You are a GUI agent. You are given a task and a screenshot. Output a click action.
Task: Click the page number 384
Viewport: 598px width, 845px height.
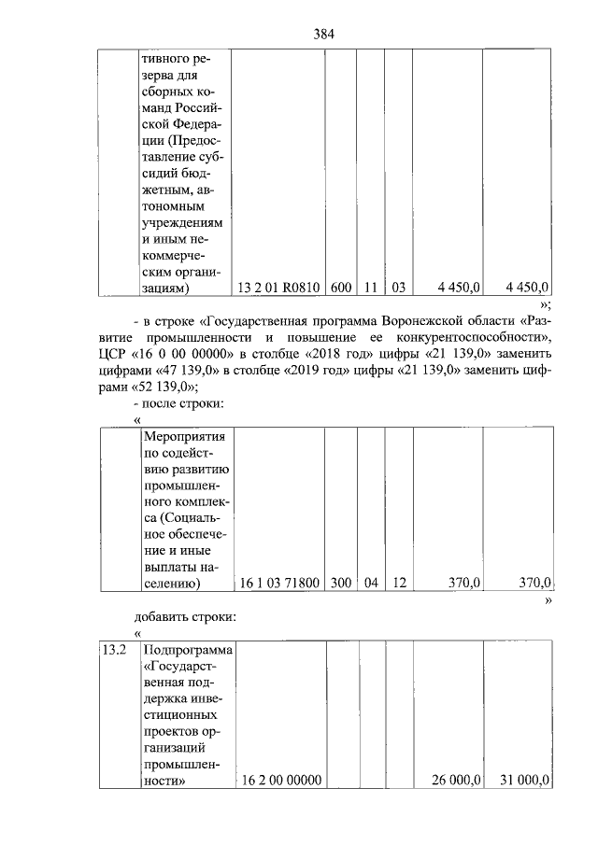pos(323,35)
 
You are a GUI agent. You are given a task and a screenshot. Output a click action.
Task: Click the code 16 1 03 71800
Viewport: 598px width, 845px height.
pos(279,584)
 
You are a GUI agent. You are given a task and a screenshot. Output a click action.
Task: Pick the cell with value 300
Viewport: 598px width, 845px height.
pos(340,584)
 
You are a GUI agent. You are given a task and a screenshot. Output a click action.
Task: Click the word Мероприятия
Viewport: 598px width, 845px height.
pos(188,436)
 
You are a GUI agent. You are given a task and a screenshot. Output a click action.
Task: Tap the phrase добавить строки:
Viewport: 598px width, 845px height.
pos(186,616)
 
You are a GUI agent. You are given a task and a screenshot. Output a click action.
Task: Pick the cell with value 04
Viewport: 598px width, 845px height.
pos(371,584)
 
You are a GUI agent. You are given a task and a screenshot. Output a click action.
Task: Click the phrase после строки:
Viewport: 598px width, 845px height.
pos(178,404)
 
